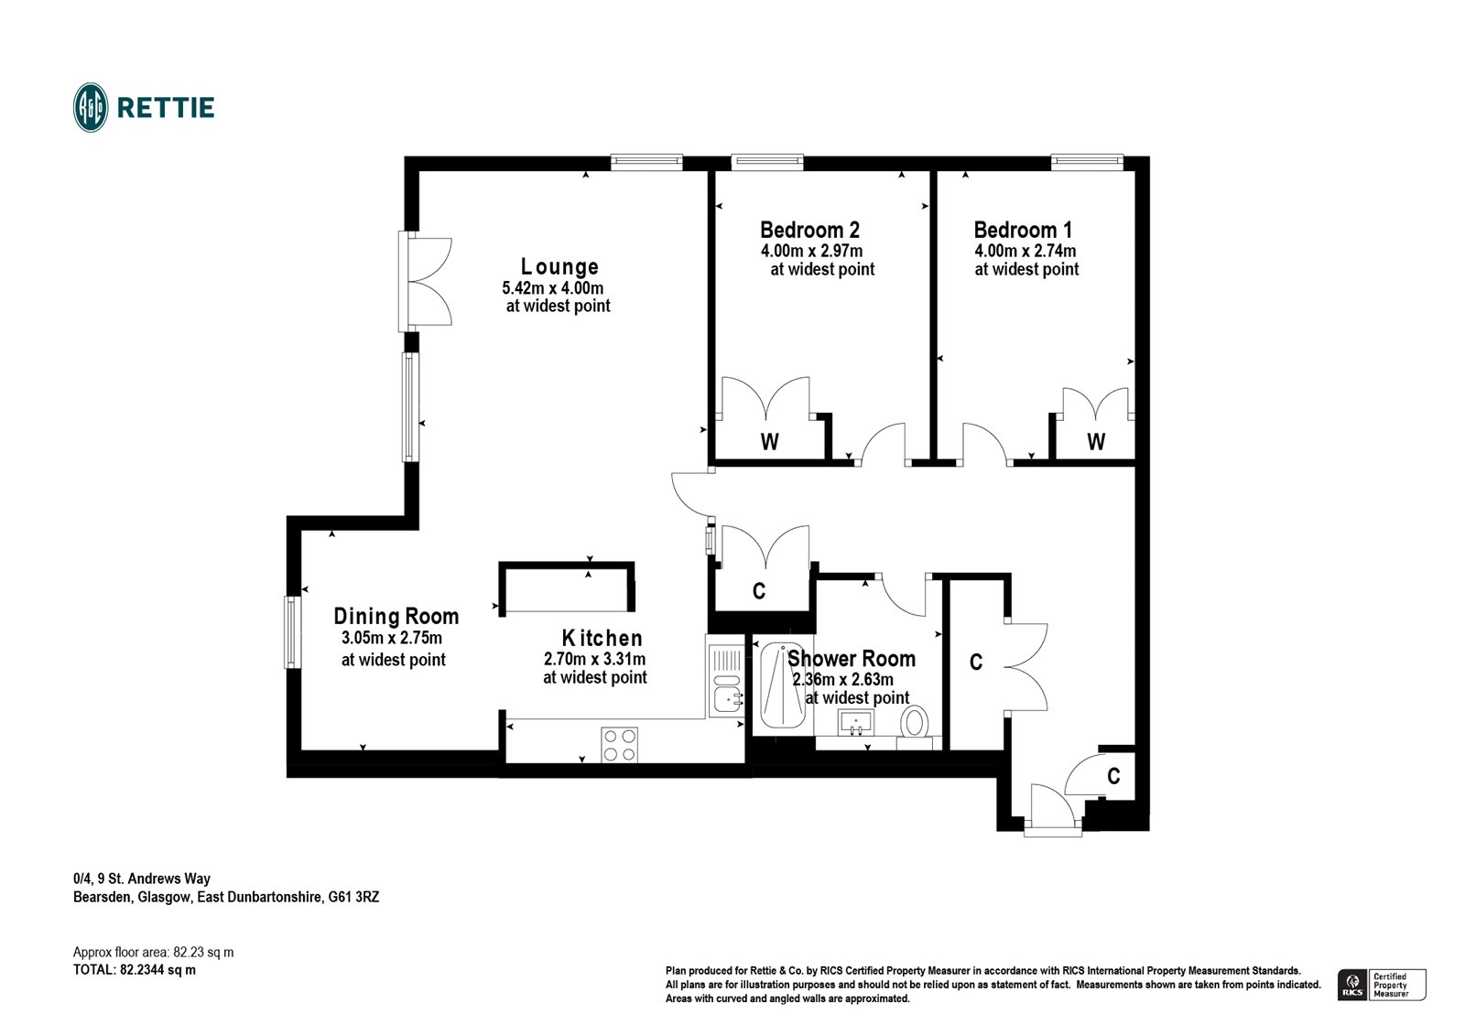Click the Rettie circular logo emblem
(x=91, y=108)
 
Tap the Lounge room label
(x=559, y=267)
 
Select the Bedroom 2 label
(x=809, y=230)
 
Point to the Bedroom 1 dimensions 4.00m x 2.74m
(x=1025, y=251)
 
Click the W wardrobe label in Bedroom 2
(x=770, y=443)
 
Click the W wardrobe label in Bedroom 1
(x=1096, y=443)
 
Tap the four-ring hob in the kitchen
(x=620, y=743)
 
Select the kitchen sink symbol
(x=728, y=701)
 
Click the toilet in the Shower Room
(x=914, y=722)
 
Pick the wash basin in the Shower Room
(x=857, y=722)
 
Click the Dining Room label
(x=396, y=617)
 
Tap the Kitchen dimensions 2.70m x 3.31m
(x=594, y=659)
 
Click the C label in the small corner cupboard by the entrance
(x=1113, y=777)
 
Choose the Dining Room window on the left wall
(x=292, y=631)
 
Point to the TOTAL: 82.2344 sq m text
(x=135, y=970)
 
